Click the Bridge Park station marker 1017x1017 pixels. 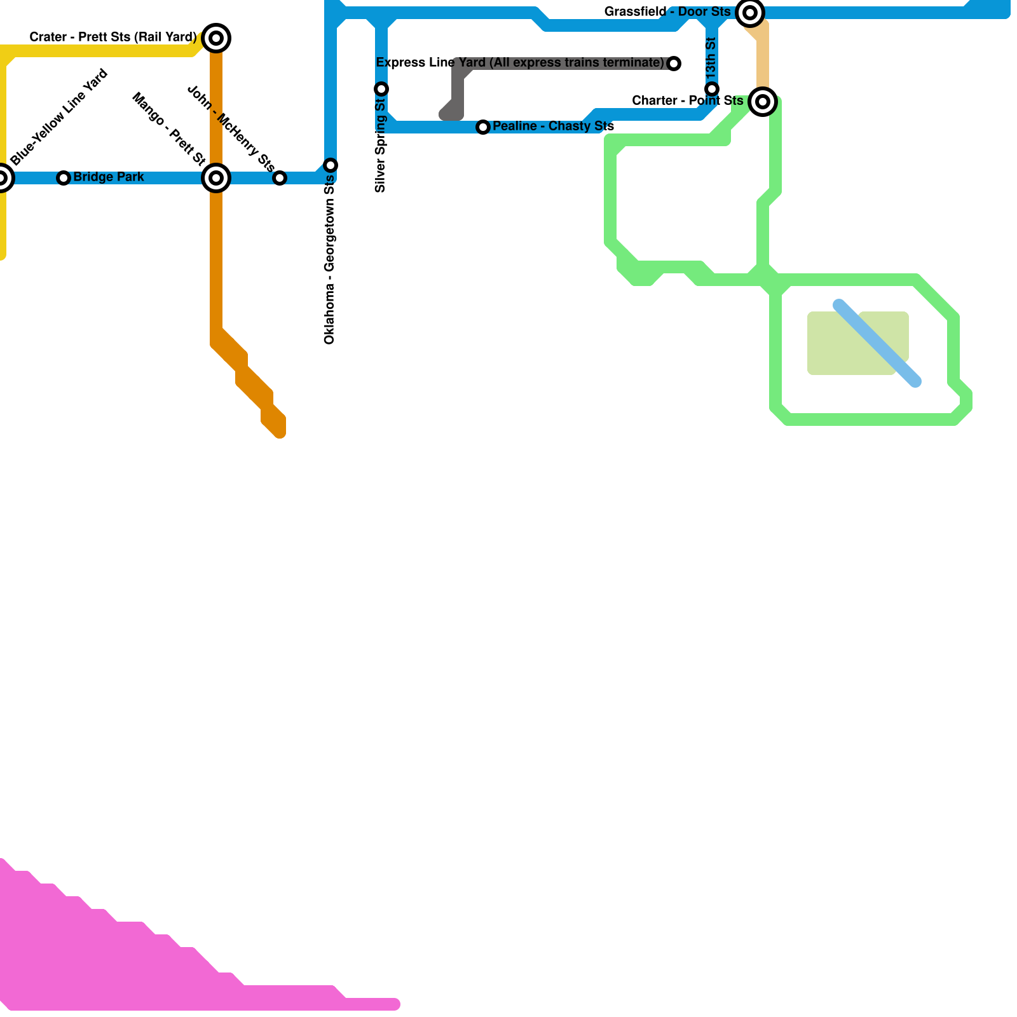tap(64, 178)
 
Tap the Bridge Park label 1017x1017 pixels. tap(109, 177)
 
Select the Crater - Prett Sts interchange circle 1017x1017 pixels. tap(216, 38)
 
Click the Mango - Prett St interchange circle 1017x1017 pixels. tap(216, 178)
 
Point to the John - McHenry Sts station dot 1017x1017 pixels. tap(280, 178)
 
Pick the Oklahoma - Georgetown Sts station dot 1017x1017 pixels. tap(331, 165)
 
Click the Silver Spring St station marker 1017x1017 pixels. tap(381, 89)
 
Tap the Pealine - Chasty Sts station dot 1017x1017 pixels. tap(483, 127)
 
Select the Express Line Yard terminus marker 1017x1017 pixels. tap(674, 64)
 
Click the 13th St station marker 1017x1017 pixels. tap(712, 89)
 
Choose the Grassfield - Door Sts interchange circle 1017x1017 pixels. tap(750, 12)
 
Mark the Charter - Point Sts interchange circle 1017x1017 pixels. tap(763, 102)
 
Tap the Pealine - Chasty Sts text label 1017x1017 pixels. tap(553, 126)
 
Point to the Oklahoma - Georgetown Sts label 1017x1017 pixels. tap(329, 261)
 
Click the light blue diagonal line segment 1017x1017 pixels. tap(877, 343)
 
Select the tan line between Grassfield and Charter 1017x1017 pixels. tap(762, 57)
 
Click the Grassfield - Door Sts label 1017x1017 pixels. tap(667, 12)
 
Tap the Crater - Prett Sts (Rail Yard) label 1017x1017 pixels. tap(113, 38)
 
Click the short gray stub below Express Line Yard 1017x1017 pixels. tap(454, 102)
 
